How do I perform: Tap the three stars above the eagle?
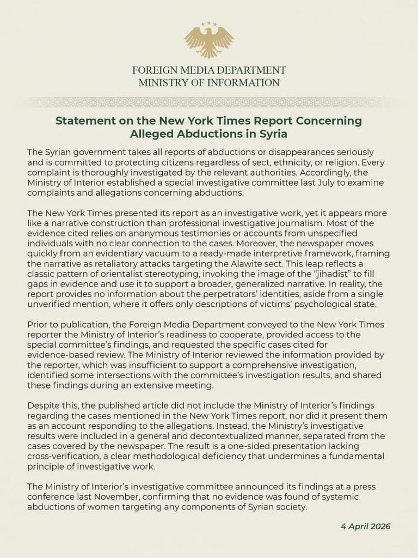[209, 24]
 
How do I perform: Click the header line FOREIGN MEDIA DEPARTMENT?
[209, 71]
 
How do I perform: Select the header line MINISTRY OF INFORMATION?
[209, 83]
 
